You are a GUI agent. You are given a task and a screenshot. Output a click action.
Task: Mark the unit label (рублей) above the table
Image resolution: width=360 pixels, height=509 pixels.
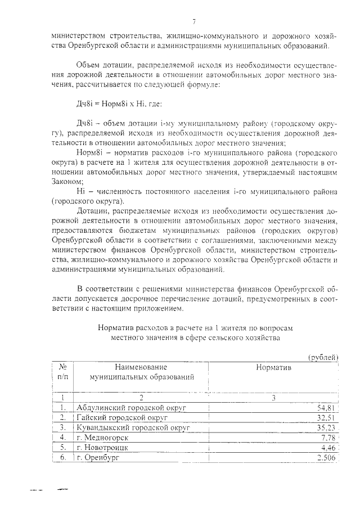[323, 356]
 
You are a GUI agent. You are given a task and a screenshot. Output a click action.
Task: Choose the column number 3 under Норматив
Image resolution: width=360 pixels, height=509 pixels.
[273, 397]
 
